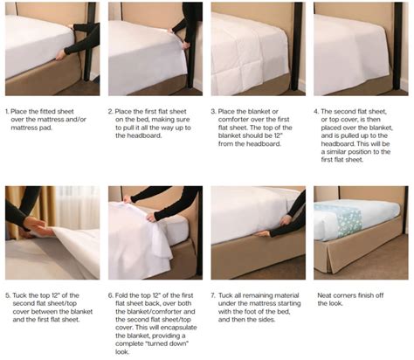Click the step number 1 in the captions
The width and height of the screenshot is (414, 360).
(7, 112)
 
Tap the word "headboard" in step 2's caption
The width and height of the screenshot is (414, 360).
(138, 135)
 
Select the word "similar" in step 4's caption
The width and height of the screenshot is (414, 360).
(340, 152)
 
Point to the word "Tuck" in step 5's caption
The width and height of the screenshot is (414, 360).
(20, 295)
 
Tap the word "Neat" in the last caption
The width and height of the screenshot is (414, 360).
(324, 295)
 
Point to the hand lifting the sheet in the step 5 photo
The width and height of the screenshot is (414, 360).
(35, 225)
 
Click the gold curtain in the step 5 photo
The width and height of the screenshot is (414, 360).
(44, 210)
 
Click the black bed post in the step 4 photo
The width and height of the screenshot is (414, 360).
(397, 45)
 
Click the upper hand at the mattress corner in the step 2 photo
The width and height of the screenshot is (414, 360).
(171, 31)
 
